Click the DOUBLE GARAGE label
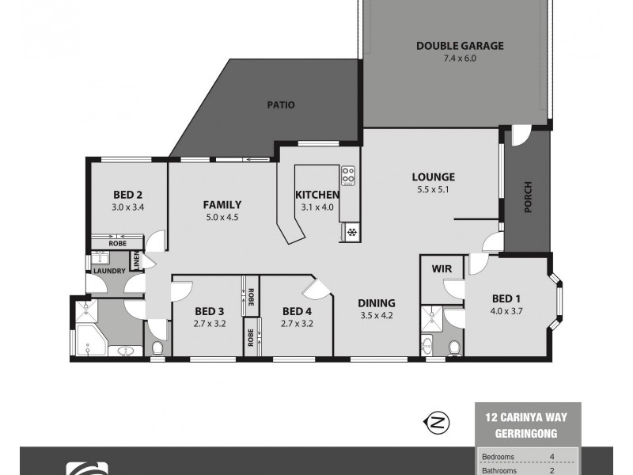(460, 46)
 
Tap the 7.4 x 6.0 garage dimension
(460, 58)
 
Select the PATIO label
(280, 104)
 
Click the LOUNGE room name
(432, 177)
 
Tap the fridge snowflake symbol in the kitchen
(350, 231)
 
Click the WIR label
(442, 269)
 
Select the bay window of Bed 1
(559, 304)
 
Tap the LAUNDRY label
(109, 272)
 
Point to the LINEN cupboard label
(136, 262)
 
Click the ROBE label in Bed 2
(117, 245)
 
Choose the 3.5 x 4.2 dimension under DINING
(377, 314)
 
